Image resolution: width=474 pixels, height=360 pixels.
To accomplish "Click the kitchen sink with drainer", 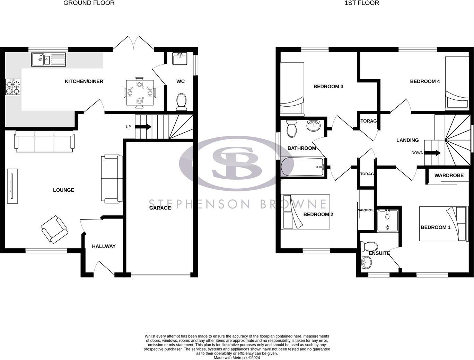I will [49, 59].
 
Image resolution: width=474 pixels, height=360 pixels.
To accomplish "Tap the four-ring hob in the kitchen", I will [12, 87].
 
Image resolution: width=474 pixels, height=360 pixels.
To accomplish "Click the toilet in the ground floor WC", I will [181, 101].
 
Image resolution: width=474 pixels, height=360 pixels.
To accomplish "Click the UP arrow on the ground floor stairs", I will [143, 127].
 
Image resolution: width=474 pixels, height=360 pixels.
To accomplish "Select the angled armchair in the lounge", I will [54, 229].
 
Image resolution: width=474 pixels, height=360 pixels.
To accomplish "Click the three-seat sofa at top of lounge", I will [44, 141].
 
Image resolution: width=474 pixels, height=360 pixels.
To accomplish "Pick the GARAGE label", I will [160, 208].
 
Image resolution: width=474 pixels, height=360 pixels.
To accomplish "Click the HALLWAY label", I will [104, 246].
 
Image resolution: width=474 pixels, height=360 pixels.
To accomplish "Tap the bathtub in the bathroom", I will [302, 167].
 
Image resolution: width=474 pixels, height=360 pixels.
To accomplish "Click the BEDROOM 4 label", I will [425, 81].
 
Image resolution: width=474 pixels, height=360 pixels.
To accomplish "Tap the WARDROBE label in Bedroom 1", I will [449, 175].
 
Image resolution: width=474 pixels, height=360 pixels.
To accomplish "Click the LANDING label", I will [407, 140].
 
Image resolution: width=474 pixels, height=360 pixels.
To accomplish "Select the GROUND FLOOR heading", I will [89, 3].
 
